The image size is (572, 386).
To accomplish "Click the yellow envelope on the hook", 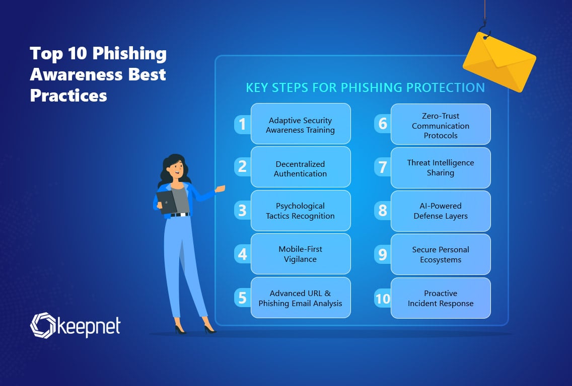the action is [498, 61].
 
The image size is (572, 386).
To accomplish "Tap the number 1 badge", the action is [242, 124].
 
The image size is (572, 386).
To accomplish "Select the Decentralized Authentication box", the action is [301, 168].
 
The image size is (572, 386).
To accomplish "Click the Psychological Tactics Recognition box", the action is [301, 211].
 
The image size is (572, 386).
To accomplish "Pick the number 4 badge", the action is [242, 254].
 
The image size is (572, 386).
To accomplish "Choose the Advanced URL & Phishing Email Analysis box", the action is [301, 298].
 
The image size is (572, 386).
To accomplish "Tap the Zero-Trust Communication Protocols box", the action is [441, 125].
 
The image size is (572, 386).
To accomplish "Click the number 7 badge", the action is [383, 167].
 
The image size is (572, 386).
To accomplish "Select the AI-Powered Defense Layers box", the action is [441, 211].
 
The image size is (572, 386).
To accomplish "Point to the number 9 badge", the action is [383, 254].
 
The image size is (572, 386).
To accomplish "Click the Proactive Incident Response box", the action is [441, 298].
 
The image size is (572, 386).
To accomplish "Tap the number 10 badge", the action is [383, 299].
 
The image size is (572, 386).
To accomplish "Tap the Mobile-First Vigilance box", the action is [301, 254].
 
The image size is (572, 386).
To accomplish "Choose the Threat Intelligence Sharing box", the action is [441, 167].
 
